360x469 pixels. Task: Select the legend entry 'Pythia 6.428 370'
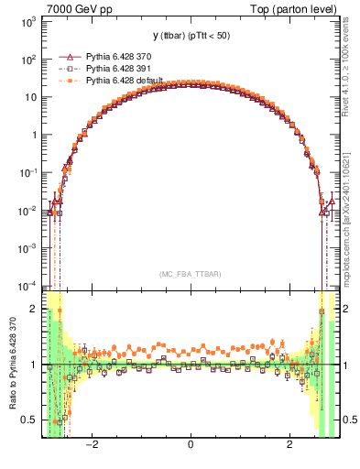[x=122, y=56]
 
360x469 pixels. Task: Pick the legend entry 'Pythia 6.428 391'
[x=122, y=68]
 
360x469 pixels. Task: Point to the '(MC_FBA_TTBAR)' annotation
[x=191, y=274]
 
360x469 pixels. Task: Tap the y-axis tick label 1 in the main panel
[x=33, y=135]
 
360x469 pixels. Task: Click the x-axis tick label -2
[x=91, y=446]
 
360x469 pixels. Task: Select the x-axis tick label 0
[x=191, y=446]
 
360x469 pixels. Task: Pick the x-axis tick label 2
[x=289, y=446]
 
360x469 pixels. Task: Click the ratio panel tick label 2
[x=33, y=309]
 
